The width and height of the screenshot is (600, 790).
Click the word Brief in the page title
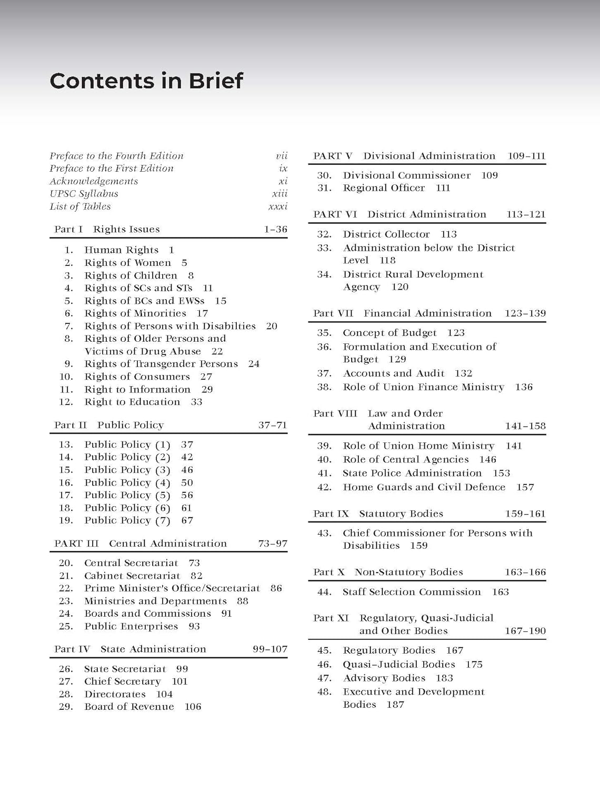coord(216,81)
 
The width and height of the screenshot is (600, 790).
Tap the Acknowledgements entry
coord(94,181)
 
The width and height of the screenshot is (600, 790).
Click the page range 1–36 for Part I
coord(275,229)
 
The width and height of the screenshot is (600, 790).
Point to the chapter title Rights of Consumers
coord(137,377)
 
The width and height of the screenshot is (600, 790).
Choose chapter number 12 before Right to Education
coord(66,402)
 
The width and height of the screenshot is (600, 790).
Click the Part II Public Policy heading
coord(109,425)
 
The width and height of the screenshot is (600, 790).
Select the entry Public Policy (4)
coord(127,482)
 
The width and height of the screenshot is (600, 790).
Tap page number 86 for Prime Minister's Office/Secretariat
coord(276,588)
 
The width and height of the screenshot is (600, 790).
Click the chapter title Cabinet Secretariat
coord(132,576)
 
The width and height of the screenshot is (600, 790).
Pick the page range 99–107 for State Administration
coord(270,649)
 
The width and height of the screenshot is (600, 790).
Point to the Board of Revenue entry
coord(129,707)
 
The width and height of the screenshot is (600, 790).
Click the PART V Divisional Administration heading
coord(404,156)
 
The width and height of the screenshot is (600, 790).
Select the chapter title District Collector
coord(386,234)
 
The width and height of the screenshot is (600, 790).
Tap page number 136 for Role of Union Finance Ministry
coord(524,387)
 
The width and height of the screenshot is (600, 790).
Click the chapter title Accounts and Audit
coord(394,373)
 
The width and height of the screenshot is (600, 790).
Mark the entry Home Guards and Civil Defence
coord(424,487)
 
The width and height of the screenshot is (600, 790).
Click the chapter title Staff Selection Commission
coord(412,592)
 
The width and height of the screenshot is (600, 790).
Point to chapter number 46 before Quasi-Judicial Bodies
coord(324,665)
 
